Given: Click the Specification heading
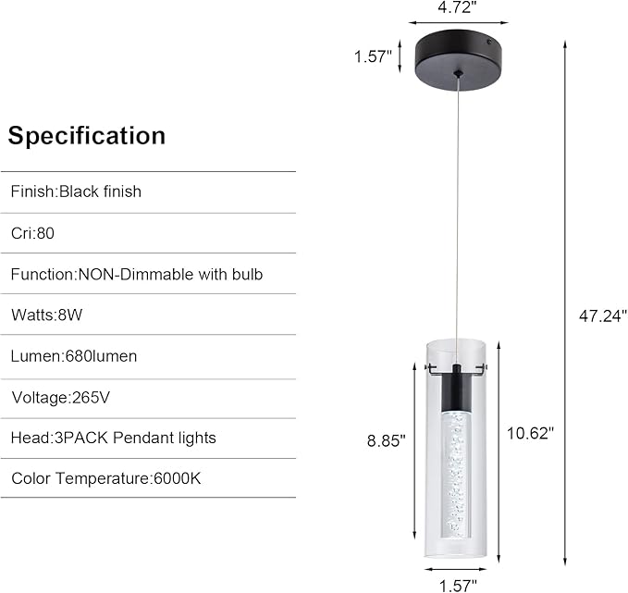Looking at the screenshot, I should pos(87,136).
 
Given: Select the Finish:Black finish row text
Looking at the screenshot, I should pos(76,191).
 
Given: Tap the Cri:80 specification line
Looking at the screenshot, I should pos(33,233).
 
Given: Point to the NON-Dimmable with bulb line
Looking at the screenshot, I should pos(137,274).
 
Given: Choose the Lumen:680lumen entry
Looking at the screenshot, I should pos(74,356).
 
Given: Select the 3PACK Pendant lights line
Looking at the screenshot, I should pos(113,438).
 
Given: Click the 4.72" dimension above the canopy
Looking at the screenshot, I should pos(459,8).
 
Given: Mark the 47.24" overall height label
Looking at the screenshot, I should pos(603,315).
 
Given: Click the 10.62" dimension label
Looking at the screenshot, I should pos(531,432).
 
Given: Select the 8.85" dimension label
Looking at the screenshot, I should pos(386,441).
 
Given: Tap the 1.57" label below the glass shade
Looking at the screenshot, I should pos(458,584).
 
